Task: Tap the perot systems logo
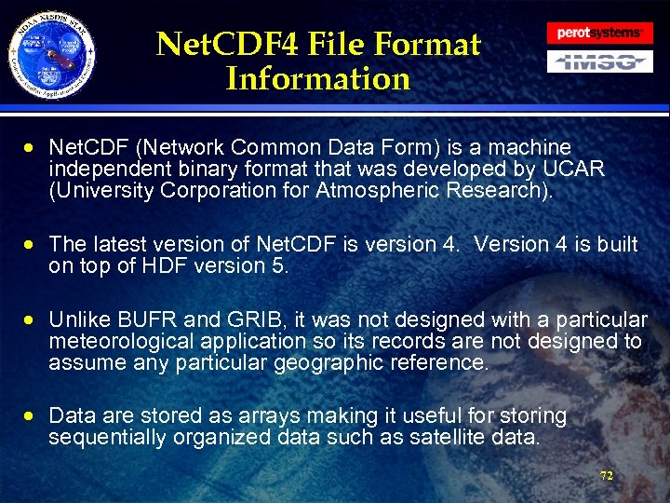coord(598,33)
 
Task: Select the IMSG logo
coord(598,62)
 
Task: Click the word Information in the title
coord(317,78)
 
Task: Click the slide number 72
coord(607,475)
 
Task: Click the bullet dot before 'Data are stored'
coord(32,416)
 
